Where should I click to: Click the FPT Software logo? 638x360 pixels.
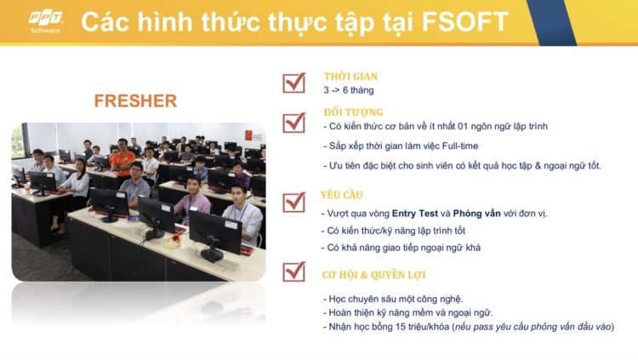(45, 21)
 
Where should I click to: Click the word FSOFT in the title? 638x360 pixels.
(464, 21)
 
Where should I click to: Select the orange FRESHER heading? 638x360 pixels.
(135, 101)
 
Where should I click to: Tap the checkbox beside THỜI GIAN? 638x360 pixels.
(294, 83)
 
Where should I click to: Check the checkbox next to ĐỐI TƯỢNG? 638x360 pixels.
(294, 123)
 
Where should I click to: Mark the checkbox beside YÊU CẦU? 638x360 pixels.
(294, 202)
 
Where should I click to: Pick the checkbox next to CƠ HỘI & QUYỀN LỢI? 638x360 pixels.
(294, 271)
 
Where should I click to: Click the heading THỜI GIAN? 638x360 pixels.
(350, 77)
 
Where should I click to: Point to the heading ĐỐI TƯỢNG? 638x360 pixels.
(354, 112)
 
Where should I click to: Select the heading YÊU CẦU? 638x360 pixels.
(341, 195)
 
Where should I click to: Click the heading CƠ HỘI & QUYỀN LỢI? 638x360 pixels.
(373, 275)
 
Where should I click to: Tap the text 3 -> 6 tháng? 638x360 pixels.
(349, 90)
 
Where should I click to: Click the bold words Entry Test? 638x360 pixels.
(415, 214)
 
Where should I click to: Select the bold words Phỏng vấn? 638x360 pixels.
(477, 214)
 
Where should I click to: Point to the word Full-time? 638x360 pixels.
(460, 146)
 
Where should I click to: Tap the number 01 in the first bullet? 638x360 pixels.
(463, 126)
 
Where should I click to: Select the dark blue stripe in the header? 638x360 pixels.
(551, 22)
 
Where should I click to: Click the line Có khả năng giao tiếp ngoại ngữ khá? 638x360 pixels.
(401, 248)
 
